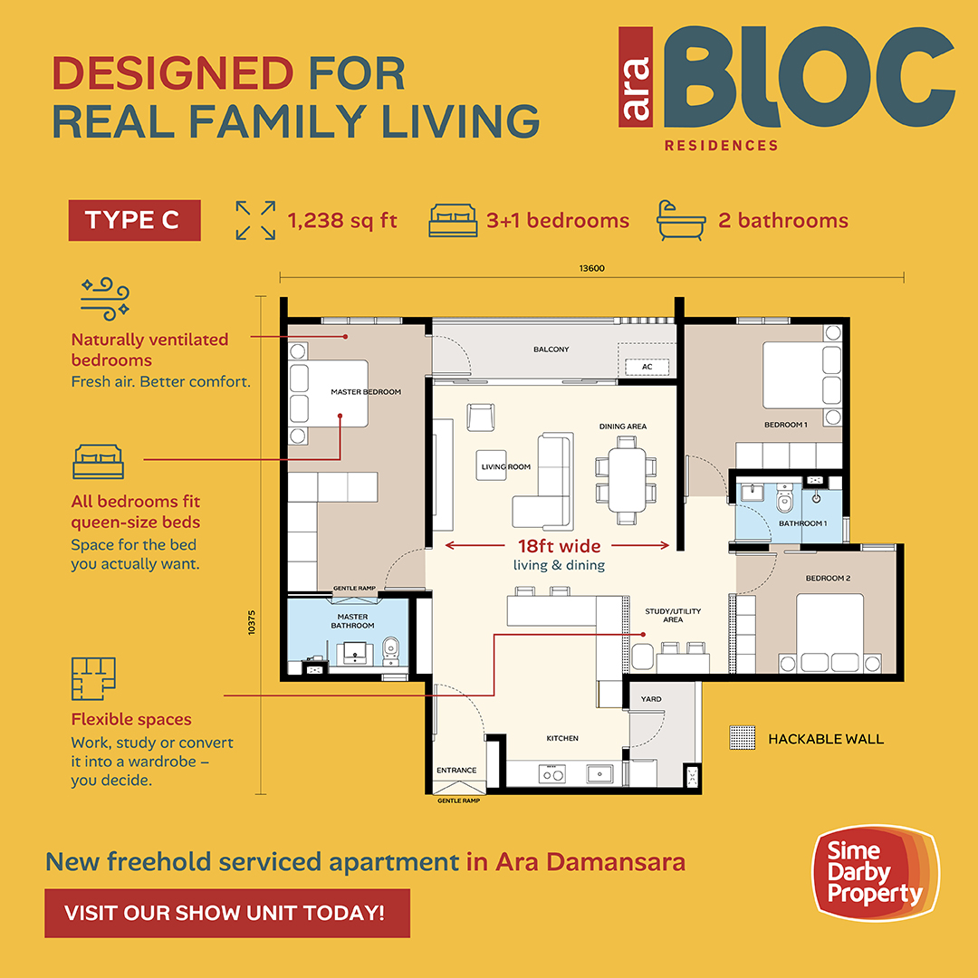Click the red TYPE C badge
(x=134, y=220)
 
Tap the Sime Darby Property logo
(x=875, y=873)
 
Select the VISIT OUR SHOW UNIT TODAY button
(x=227, y=913)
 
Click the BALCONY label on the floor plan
(x=551, y=350)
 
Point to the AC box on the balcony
(x=647, y=367)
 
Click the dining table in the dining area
(x=627, y=480)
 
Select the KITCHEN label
(x=562, y=738)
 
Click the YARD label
(x=650, y=698)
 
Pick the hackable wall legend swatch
(x=743, y=738)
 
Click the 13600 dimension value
(x=591, y=268)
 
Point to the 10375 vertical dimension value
(x=252, y=622)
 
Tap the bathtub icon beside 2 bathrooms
(x=681, y=220)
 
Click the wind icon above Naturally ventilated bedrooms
(x=105, y=299)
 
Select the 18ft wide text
(x=559, y=546)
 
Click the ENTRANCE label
(x=455, y=770)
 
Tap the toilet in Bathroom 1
(x=784, y=498)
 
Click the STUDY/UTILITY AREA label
(x=672, y=615)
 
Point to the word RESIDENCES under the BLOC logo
(x=721, y=145)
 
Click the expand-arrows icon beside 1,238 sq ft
(x=255, y=220)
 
